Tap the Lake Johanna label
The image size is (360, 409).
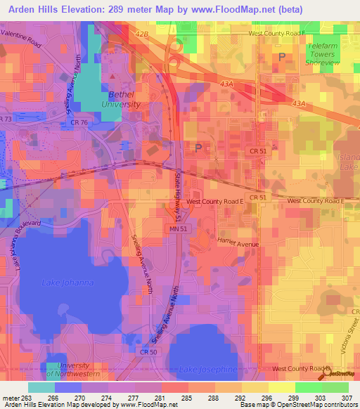coord(67,283)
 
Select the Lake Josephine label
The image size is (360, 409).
coord(208,370)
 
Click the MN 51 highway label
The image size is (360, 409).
coord(179,228)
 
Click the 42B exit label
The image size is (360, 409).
coord(143,33)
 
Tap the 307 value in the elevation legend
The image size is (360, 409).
coord(347,397)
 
